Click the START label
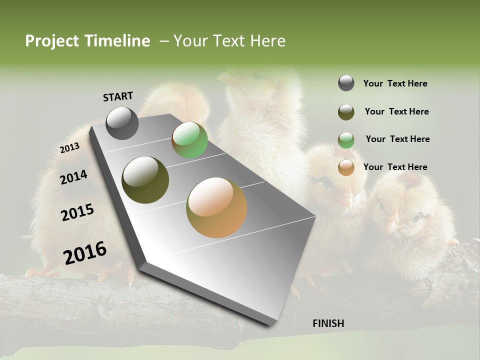[x=118, y=96]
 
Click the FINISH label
[x=328, y=323]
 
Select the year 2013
[x=69, y=148]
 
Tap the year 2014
[x=73, y=177]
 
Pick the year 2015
[x=77, y=212]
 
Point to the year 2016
[x=85, y=252]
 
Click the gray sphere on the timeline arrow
[x=122, y=123]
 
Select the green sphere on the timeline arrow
[x=189, y=140]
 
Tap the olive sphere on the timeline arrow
[x=145, y=180]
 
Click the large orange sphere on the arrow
[x=216, y=207]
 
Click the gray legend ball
[x=346, y=83]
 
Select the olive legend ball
[x=346, y=112]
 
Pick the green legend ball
[x=346, y=140]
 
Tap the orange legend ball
[x=346, y=167]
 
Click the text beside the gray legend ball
[x=395, y=83]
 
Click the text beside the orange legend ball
[x=395, y=167]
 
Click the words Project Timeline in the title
[x=87, y=41]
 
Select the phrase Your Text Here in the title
[x=229, y=41]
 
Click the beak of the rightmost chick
[x=393, y=227]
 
